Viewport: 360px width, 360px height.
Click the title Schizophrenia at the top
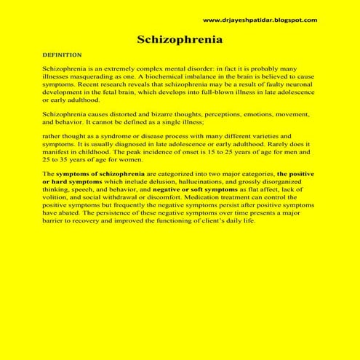[x=180, y=39]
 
